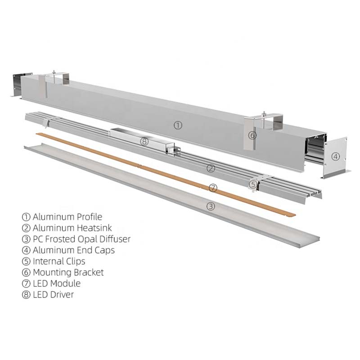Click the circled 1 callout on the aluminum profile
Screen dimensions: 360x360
(178, 126)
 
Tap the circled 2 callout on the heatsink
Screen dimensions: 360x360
(211, 168)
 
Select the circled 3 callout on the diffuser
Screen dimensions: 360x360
(211, 207)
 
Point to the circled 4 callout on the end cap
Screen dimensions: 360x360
(336, 157)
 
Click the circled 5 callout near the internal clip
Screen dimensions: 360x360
(253, 184)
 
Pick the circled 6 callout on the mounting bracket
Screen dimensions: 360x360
(252, 135)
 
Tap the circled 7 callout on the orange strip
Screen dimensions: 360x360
(213, 188)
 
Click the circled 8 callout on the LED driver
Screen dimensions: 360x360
(144, 141)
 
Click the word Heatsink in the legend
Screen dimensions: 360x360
(94, 228)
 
